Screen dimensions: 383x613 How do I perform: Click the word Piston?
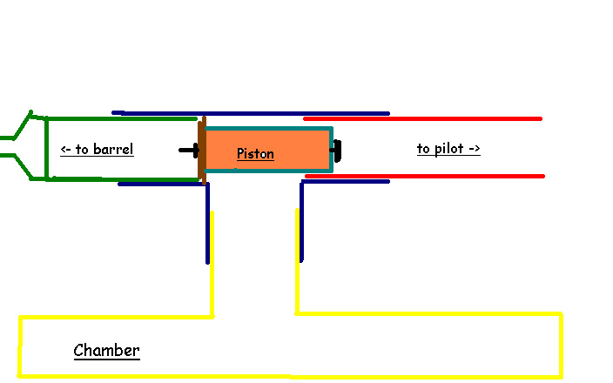coord(255,154)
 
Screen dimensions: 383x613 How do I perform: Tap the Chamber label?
coord(106,351)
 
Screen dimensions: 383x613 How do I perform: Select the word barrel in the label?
coord(113,150)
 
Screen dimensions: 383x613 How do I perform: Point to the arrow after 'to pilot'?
coord(474,149)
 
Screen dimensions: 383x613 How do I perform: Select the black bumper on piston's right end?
coord(337,151)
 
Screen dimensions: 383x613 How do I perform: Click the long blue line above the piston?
coord(253,113)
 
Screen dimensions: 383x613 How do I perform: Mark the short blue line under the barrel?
coord(157,184)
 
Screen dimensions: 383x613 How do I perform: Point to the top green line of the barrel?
coord(122,118)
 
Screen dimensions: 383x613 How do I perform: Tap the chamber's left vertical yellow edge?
coord(19,346)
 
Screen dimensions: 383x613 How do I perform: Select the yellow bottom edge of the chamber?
coord(287,376)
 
